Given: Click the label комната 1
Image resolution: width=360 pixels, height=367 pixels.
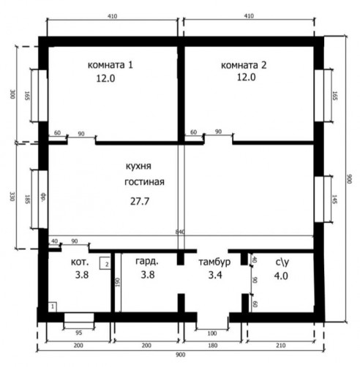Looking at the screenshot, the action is point(110,65).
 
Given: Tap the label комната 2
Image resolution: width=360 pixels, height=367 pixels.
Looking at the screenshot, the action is point(244,65).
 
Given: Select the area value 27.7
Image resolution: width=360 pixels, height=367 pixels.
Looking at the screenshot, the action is point(140,201).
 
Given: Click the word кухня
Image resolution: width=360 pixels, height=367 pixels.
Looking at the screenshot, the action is point(138,166).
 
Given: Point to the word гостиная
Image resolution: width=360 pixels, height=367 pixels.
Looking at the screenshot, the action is point(144,182).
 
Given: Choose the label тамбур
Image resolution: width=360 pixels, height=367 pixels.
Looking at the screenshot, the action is point(214,262).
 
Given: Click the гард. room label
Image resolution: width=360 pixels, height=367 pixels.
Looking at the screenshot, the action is point(147,262).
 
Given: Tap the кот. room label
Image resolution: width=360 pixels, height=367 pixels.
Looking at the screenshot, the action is point(80,262).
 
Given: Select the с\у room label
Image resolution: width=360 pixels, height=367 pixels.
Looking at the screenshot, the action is point(282,262).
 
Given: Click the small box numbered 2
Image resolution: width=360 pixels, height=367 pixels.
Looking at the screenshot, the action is point(105,263).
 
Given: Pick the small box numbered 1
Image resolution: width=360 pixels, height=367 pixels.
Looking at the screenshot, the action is point(52,307).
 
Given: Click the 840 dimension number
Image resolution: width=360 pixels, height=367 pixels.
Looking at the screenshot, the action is point(180,232).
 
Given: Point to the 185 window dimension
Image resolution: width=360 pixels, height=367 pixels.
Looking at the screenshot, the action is point(27,199).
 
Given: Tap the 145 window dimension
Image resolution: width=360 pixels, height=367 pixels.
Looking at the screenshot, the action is point(334,199).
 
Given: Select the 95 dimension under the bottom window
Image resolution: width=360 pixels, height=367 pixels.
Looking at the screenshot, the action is point(78,333).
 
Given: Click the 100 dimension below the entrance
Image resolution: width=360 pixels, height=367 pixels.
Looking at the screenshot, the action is point(212,333).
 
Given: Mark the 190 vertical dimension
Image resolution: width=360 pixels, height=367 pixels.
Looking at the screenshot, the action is point(118,282).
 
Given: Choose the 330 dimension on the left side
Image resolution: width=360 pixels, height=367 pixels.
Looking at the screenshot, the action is point(12,197).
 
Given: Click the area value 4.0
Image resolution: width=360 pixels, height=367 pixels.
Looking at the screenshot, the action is point(281,276).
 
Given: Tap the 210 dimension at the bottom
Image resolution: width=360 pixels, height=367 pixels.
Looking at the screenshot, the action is point(280,345).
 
